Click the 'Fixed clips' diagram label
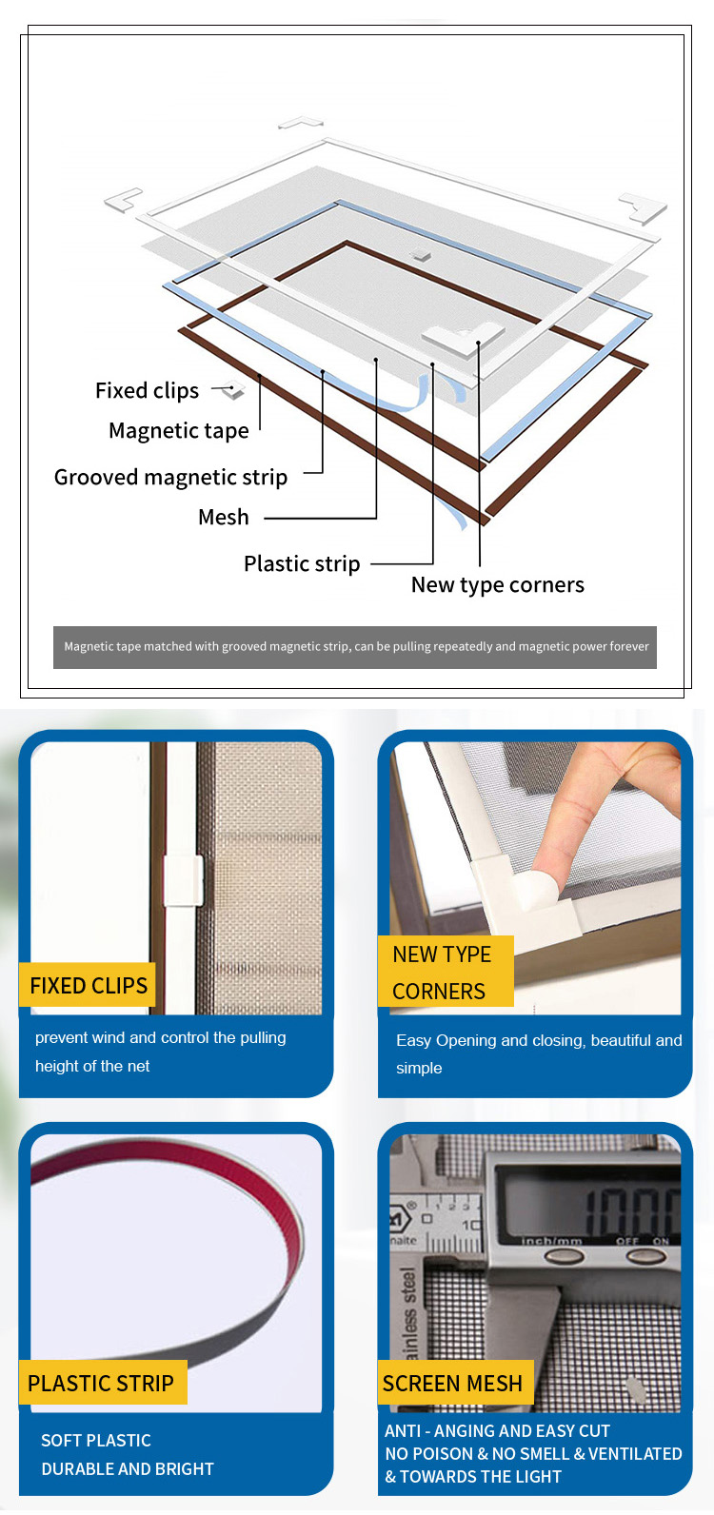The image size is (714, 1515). (147, 391)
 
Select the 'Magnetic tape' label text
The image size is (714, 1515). (179, 431)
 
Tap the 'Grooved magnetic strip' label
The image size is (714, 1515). (170, 478)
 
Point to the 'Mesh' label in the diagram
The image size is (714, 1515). (224, 518)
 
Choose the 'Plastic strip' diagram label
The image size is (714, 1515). (302, 564)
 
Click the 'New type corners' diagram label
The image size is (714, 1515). (498, 585)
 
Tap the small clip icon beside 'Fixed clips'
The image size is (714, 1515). (232, 391)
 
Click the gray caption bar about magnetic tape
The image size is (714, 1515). (355, 647)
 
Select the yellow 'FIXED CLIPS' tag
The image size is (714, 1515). (88, 986)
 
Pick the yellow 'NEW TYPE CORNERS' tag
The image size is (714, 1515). (446, 972)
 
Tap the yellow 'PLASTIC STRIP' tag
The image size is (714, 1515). (103, 1383)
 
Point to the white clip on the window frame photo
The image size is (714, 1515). (183, 880)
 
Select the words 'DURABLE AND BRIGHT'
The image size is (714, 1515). (128, 1469)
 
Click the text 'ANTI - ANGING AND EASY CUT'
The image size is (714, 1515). (498, 1431)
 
